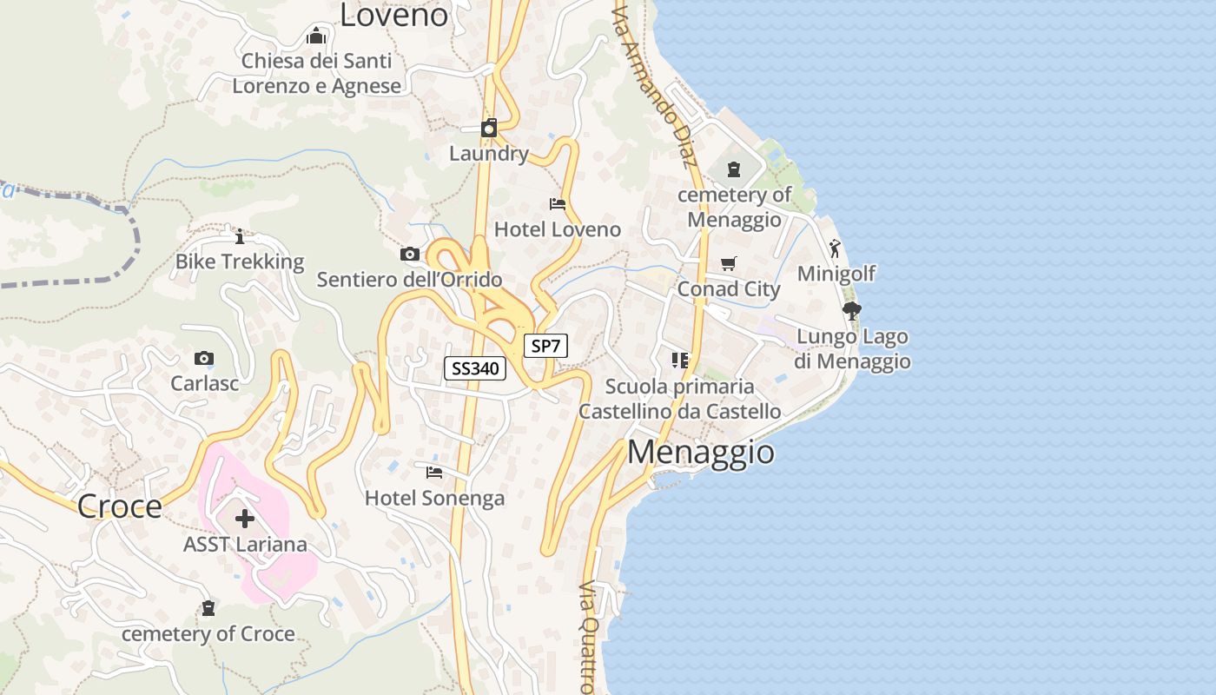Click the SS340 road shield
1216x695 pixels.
coord(475,368)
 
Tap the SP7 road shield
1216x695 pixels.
coord(545,346)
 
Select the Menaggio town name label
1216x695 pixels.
coord(700,453)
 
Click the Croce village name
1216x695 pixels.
coord(120,506)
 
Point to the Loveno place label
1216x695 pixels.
coord(393,15)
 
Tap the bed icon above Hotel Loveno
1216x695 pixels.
coord(558,204)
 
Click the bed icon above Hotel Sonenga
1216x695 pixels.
coord(434,473)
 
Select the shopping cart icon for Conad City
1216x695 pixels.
coord(728,263)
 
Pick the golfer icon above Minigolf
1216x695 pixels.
coord(835,248)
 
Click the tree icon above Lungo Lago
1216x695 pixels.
coord(851,311)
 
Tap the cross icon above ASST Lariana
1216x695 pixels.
coord(245,519)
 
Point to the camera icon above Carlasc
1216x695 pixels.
coord(204,358)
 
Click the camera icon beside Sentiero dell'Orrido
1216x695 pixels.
coord(410,255)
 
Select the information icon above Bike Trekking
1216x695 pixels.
coord(240,236)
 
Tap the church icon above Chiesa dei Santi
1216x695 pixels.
coord(316,36)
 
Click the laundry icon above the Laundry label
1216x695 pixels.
coord(489,129)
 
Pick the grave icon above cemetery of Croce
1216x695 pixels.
coord(208,608)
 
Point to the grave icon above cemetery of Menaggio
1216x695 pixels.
coord(734,169)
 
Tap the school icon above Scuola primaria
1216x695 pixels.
coord(679,360)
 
